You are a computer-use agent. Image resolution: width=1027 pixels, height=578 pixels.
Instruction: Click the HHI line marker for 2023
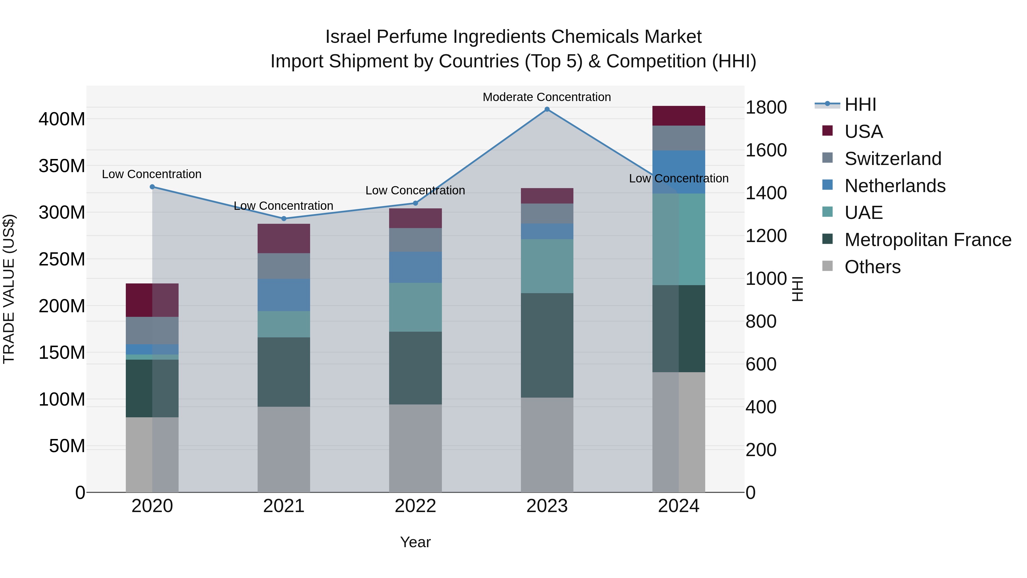[547, 109]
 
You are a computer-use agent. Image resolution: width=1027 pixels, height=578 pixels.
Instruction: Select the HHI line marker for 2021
[284, 219]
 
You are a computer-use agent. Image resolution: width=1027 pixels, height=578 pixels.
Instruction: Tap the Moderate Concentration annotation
[547, 97]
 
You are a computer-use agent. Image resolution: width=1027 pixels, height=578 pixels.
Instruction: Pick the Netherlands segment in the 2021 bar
[284, 295]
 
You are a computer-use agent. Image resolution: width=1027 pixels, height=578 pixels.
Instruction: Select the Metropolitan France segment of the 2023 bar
[547, 345]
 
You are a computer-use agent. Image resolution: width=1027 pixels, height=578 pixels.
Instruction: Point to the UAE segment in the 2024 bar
[679, 239]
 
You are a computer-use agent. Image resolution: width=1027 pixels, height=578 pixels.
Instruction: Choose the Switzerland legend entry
[893, 159]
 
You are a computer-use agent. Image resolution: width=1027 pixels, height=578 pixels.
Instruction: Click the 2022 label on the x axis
[415, 506]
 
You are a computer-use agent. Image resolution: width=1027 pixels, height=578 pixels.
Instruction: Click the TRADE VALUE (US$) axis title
[9, 289]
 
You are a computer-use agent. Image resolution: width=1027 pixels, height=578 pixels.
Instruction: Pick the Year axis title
[415, 542]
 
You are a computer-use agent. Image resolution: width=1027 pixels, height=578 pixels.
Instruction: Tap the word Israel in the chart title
[348, 37]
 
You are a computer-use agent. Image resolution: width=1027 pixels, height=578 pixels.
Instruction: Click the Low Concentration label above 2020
[151, 174]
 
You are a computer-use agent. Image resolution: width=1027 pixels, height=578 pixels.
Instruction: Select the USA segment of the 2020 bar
[152, 300]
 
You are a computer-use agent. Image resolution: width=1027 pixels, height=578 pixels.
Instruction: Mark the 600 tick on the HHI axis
[761, 364]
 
